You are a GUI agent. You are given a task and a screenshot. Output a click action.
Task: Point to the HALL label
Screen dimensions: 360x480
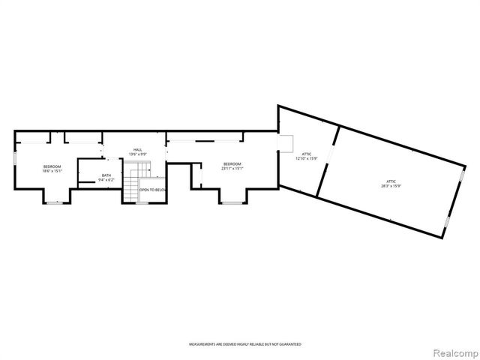click(137, 149)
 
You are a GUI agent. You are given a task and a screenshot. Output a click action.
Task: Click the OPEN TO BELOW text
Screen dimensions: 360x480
click(152, 190)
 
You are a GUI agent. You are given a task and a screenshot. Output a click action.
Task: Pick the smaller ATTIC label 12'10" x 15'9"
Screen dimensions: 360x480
click(307, 155)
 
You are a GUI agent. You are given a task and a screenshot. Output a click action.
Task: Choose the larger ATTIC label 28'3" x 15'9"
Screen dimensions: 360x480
click(391, 183)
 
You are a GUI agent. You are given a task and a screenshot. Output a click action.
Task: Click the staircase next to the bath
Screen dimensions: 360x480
click(131, 184)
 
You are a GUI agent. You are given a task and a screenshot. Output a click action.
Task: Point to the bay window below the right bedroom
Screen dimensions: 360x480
click(231, 202)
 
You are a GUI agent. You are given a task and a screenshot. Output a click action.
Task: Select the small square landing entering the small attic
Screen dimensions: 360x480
click(284, 144)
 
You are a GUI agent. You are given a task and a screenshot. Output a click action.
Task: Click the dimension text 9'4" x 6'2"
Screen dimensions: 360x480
click(106, 181)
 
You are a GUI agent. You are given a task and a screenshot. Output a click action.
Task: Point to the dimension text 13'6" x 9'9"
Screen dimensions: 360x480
click(137, 154)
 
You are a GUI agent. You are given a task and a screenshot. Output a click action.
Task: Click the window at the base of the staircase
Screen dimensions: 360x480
click(131, 202)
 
